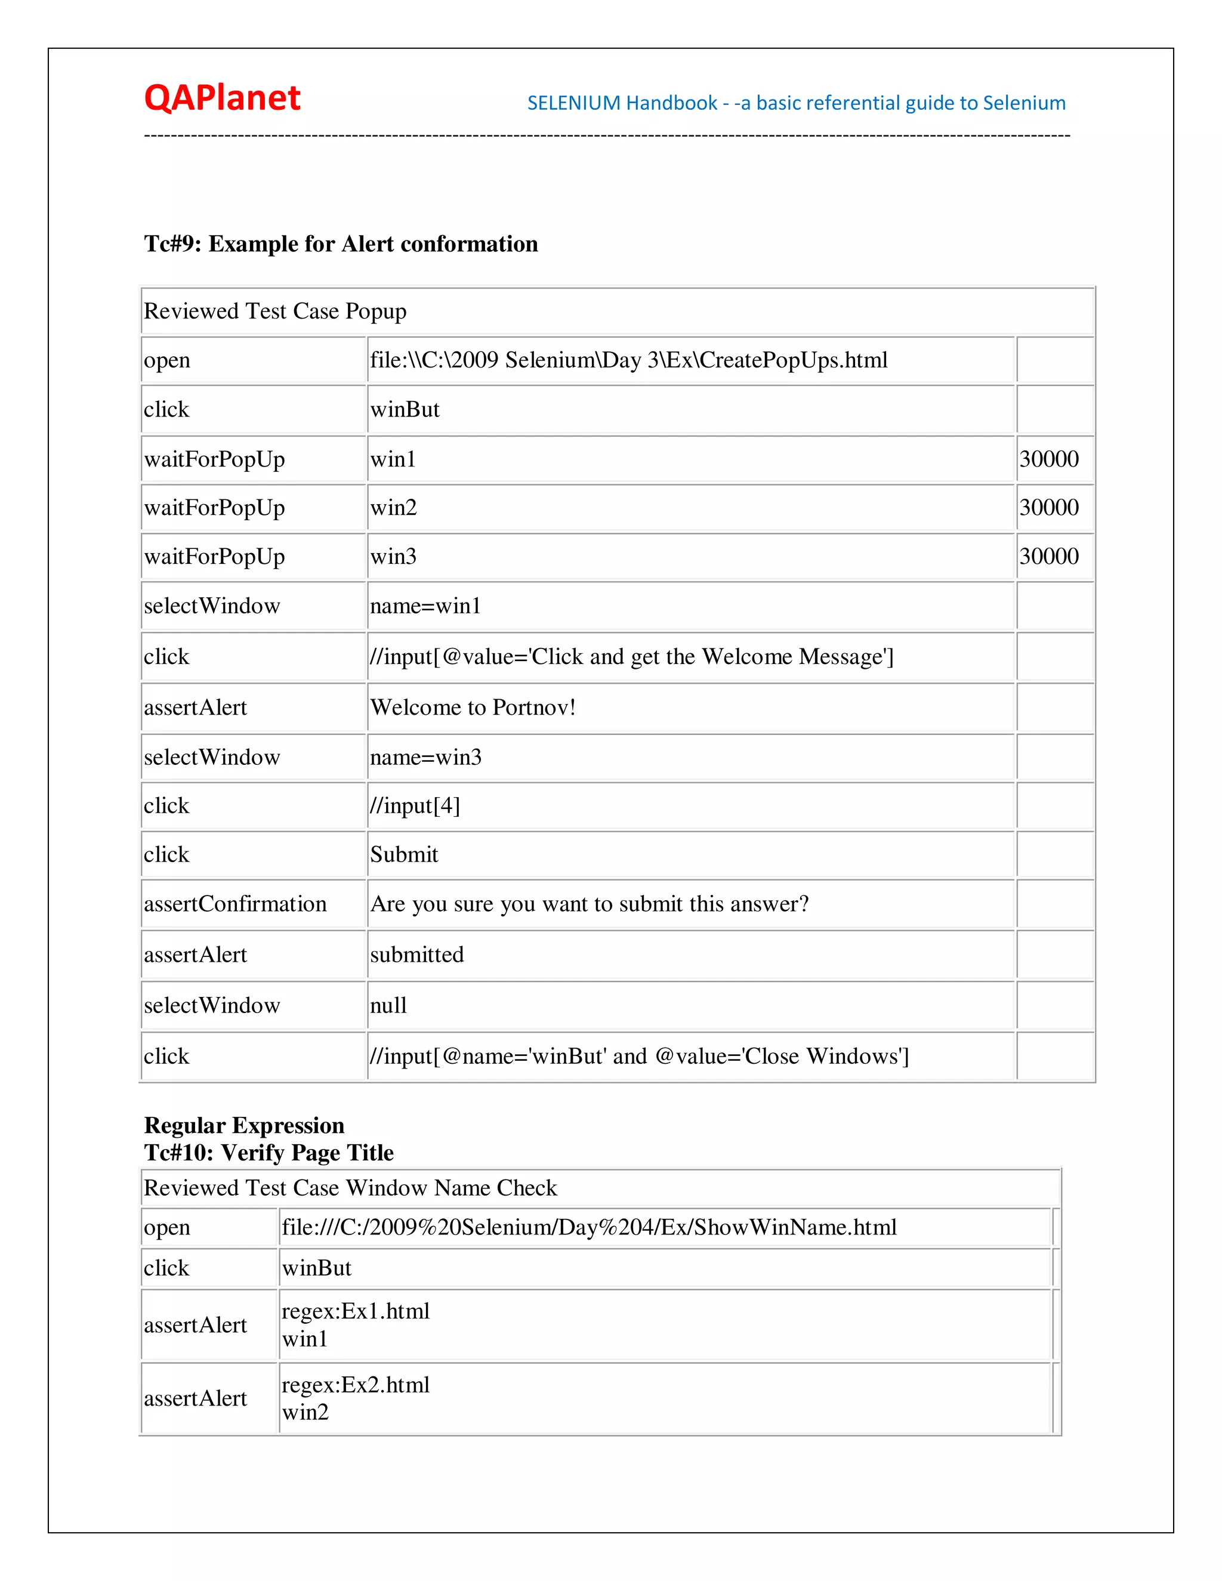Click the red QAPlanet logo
[221, 98]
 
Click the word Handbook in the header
[672, 103]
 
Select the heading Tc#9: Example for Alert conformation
[340, 244]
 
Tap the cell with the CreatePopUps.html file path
[628, 360]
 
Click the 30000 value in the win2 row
[1048, 508]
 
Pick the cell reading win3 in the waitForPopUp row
[393, 556]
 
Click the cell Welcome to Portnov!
[473, 706]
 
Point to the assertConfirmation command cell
[235, 903]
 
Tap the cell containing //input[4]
[415, 805]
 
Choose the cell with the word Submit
[404, 854]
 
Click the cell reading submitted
[417, 954]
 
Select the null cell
[389, 1005]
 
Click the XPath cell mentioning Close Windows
[639, 1055]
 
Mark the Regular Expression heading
[244, 1125]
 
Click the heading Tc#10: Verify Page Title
[269, 1153]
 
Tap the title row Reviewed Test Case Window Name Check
[350, 1188]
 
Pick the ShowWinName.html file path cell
[588, 1227]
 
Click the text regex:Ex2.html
[356, 1385]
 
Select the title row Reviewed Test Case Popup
[275, 311]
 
